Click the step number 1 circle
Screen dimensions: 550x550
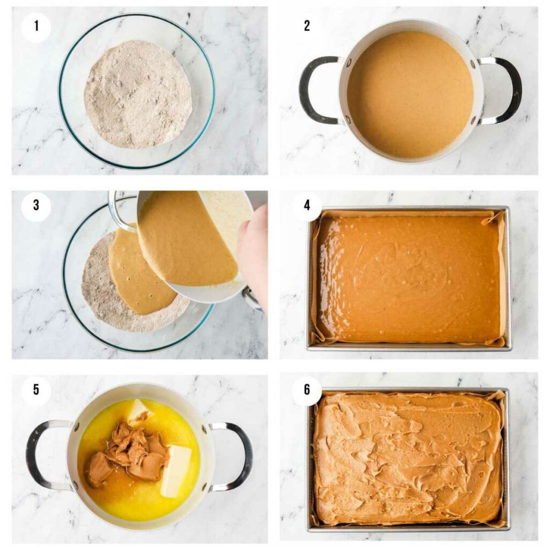point(36,25)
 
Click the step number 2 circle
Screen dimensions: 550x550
point(307,25)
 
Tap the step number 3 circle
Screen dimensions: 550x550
point(36,206)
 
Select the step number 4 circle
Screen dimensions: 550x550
point(307,206)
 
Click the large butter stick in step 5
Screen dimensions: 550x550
point(176,470)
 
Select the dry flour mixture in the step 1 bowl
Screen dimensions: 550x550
point(137,94)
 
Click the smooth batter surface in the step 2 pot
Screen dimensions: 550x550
point(409,94)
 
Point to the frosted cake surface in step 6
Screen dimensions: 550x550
point(408,459)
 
